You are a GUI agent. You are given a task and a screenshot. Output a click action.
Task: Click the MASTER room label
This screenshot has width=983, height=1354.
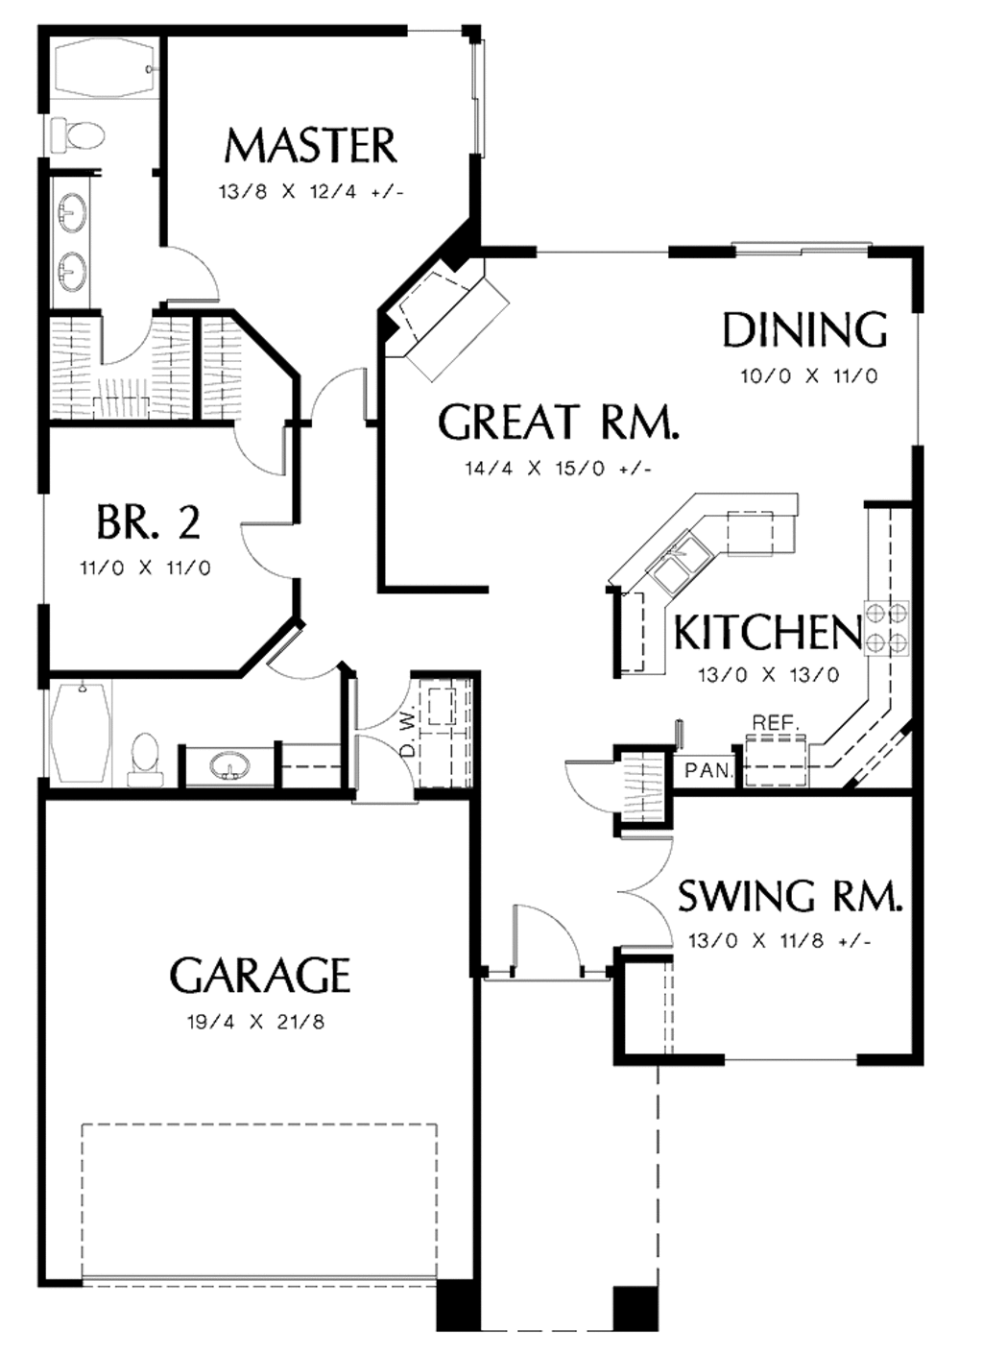pyautogui.click(x=310, y=146)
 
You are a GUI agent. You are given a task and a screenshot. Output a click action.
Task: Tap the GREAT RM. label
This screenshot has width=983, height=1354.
pyautogui.click(x=558, y=423)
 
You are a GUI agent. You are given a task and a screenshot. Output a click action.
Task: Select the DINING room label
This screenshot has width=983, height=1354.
pyautogui.click(x=804, y=330)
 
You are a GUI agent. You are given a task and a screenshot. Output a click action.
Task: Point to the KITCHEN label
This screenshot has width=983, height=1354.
pyautogui.click(x=767, y=633)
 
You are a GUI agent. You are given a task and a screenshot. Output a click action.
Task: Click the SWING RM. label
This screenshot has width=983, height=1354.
pyautogui.click(x=790, y=896)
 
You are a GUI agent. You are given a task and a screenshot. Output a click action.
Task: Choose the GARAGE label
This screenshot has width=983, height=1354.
pyautogui.click(x=260, y=976)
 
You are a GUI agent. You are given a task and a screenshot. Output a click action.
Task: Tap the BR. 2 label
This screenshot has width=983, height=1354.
pyautogui.click(x=148, y=523)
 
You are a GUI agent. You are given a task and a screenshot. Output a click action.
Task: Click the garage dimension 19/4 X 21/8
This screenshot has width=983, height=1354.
pyautogui.click(x=255, y=1023)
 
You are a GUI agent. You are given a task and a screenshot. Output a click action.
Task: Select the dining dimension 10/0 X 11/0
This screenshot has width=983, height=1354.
pyautogui.click(x=808, y=376)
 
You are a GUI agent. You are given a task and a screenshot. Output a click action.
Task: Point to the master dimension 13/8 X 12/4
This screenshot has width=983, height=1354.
pyautogui.click(x=310, y=192)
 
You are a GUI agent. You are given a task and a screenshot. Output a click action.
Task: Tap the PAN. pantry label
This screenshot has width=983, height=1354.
pyautogui.click(x=708, y=770)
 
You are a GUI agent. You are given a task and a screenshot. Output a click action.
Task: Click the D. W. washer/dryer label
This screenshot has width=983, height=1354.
pyautogui.click(x=407, y=733)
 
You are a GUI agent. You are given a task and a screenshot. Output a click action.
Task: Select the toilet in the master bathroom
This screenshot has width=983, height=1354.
pyautogui.click(x=77, y=135)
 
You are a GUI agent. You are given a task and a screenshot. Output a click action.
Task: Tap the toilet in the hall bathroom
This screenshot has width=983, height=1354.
pyautogui.click(x=144, y=758)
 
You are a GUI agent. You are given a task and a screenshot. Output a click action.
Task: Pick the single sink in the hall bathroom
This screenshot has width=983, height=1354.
pyautogui.click(x=228, y=766)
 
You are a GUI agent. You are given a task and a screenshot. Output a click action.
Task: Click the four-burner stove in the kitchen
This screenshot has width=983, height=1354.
pyautogui.click(x=887, y=627)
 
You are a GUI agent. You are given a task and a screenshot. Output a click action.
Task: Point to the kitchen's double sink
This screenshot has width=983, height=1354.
pyautogui.click(x=681, y=562)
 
